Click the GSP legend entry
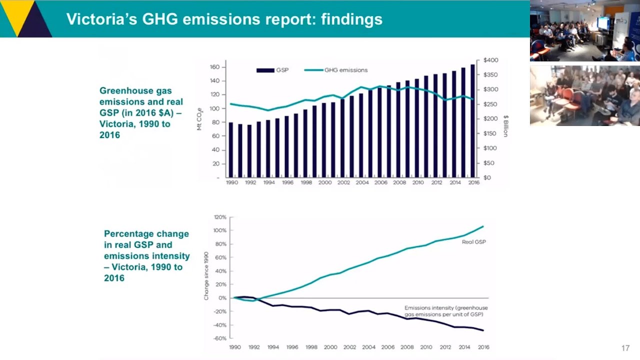coord(273,70)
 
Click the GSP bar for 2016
coord(472,121)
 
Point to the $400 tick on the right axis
coord(490,60)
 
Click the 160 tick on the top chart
coord(215,67)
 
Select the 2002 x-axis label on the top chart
coord(343,183)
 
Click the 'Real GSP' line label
coord(473,242)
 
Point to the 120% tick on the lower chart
coord(220,217)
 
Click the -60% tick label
coord(220,338)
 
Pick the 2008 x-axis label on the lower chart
coord(407,347)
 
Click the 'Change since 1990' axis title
coord(206,276)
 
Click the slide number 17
coord(625,348)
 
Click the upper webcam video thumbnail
coord(584,31)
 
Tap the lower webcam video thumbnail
coord(584,95)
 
